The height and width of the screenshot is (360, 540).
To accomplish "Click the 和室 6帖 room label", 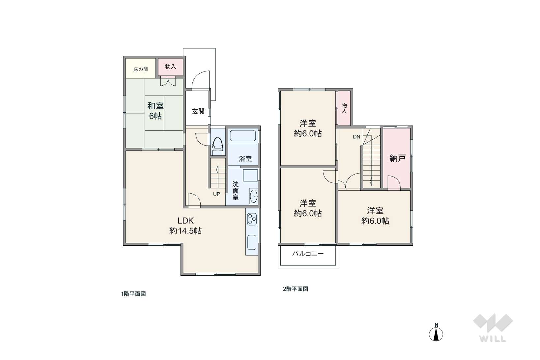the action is [156, 111].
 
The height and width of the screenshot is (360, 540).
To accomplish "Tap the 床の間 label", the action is [141, 69].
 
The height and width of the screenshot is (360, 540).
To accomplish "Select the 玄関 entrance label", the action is [198, 111].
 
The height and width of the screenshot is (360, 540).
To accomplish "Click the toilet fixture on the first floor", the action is [217, 147].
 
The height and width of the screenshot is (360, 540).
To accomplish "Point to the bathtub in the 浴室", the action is [243, 136].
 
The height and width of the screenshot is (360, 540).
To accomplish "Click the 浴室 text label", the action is [245, 159].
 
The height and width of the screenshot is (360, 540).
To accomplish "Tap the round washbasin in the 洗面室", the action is [254, 196].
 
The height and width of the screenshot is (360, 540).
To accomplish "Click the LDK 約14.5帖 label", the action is [185, 226].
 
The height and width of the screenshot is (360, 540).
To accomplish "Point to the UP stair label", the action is [216, 194].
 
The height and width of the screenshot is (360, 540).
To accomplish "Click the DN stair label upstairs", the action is [356, 137].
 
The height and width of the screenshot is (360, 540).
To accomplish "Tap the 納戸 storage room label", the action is [398, 158].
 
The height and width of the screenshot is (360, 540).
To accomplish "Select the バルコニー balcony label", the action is [308, 254].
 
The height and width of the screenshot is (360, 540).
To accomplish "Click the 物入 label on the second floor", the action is [344, 108].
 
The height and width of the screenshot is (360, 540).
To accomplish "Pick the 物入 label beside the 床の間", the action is [170, 67].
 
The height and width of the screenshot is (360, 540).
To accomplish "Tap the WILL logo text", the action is [493, 339].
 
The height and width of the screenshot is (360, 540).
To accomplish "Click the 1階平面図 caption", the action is [133, 294].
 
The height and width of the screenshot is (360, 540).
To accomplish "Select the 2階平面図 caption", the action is [295, 289].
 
